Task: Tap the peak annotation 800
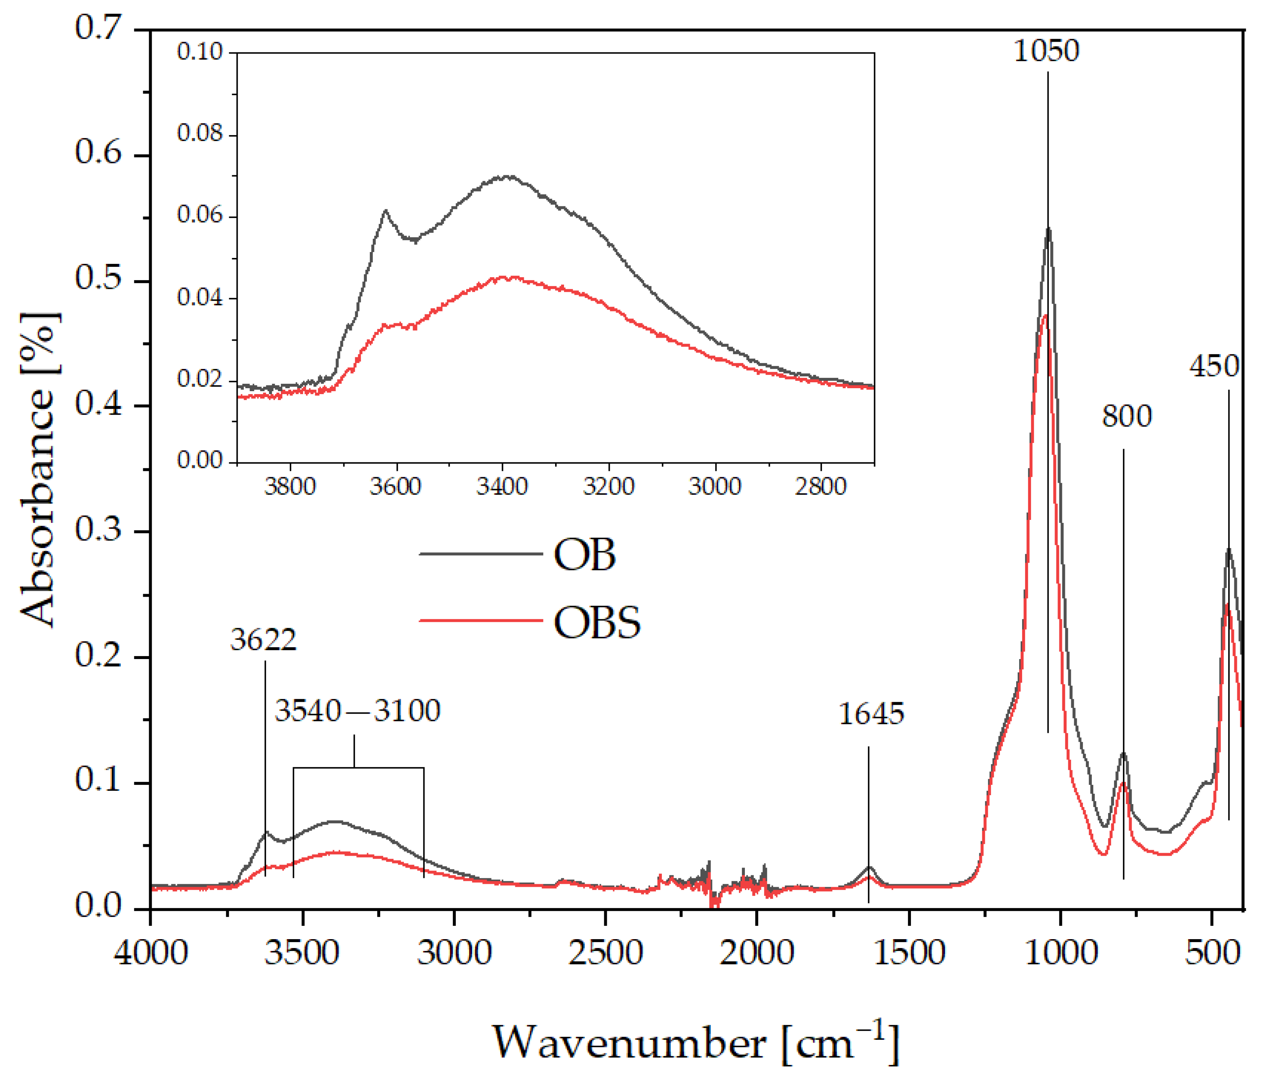[x=1126, y=417]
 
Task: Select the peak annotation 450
[x=1214, y=366]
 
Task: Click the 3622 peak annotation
[x=263, y=640]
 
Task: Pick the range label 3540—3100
[x=358, y=711]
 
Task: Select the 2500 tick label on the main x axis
[x=605, y=953]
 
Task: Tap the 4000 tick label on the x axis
[x=151, y=953]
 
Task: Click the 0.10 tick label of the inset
[x=200, y=52]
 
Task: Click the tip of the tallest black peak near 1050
[x=1048, y=228]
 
